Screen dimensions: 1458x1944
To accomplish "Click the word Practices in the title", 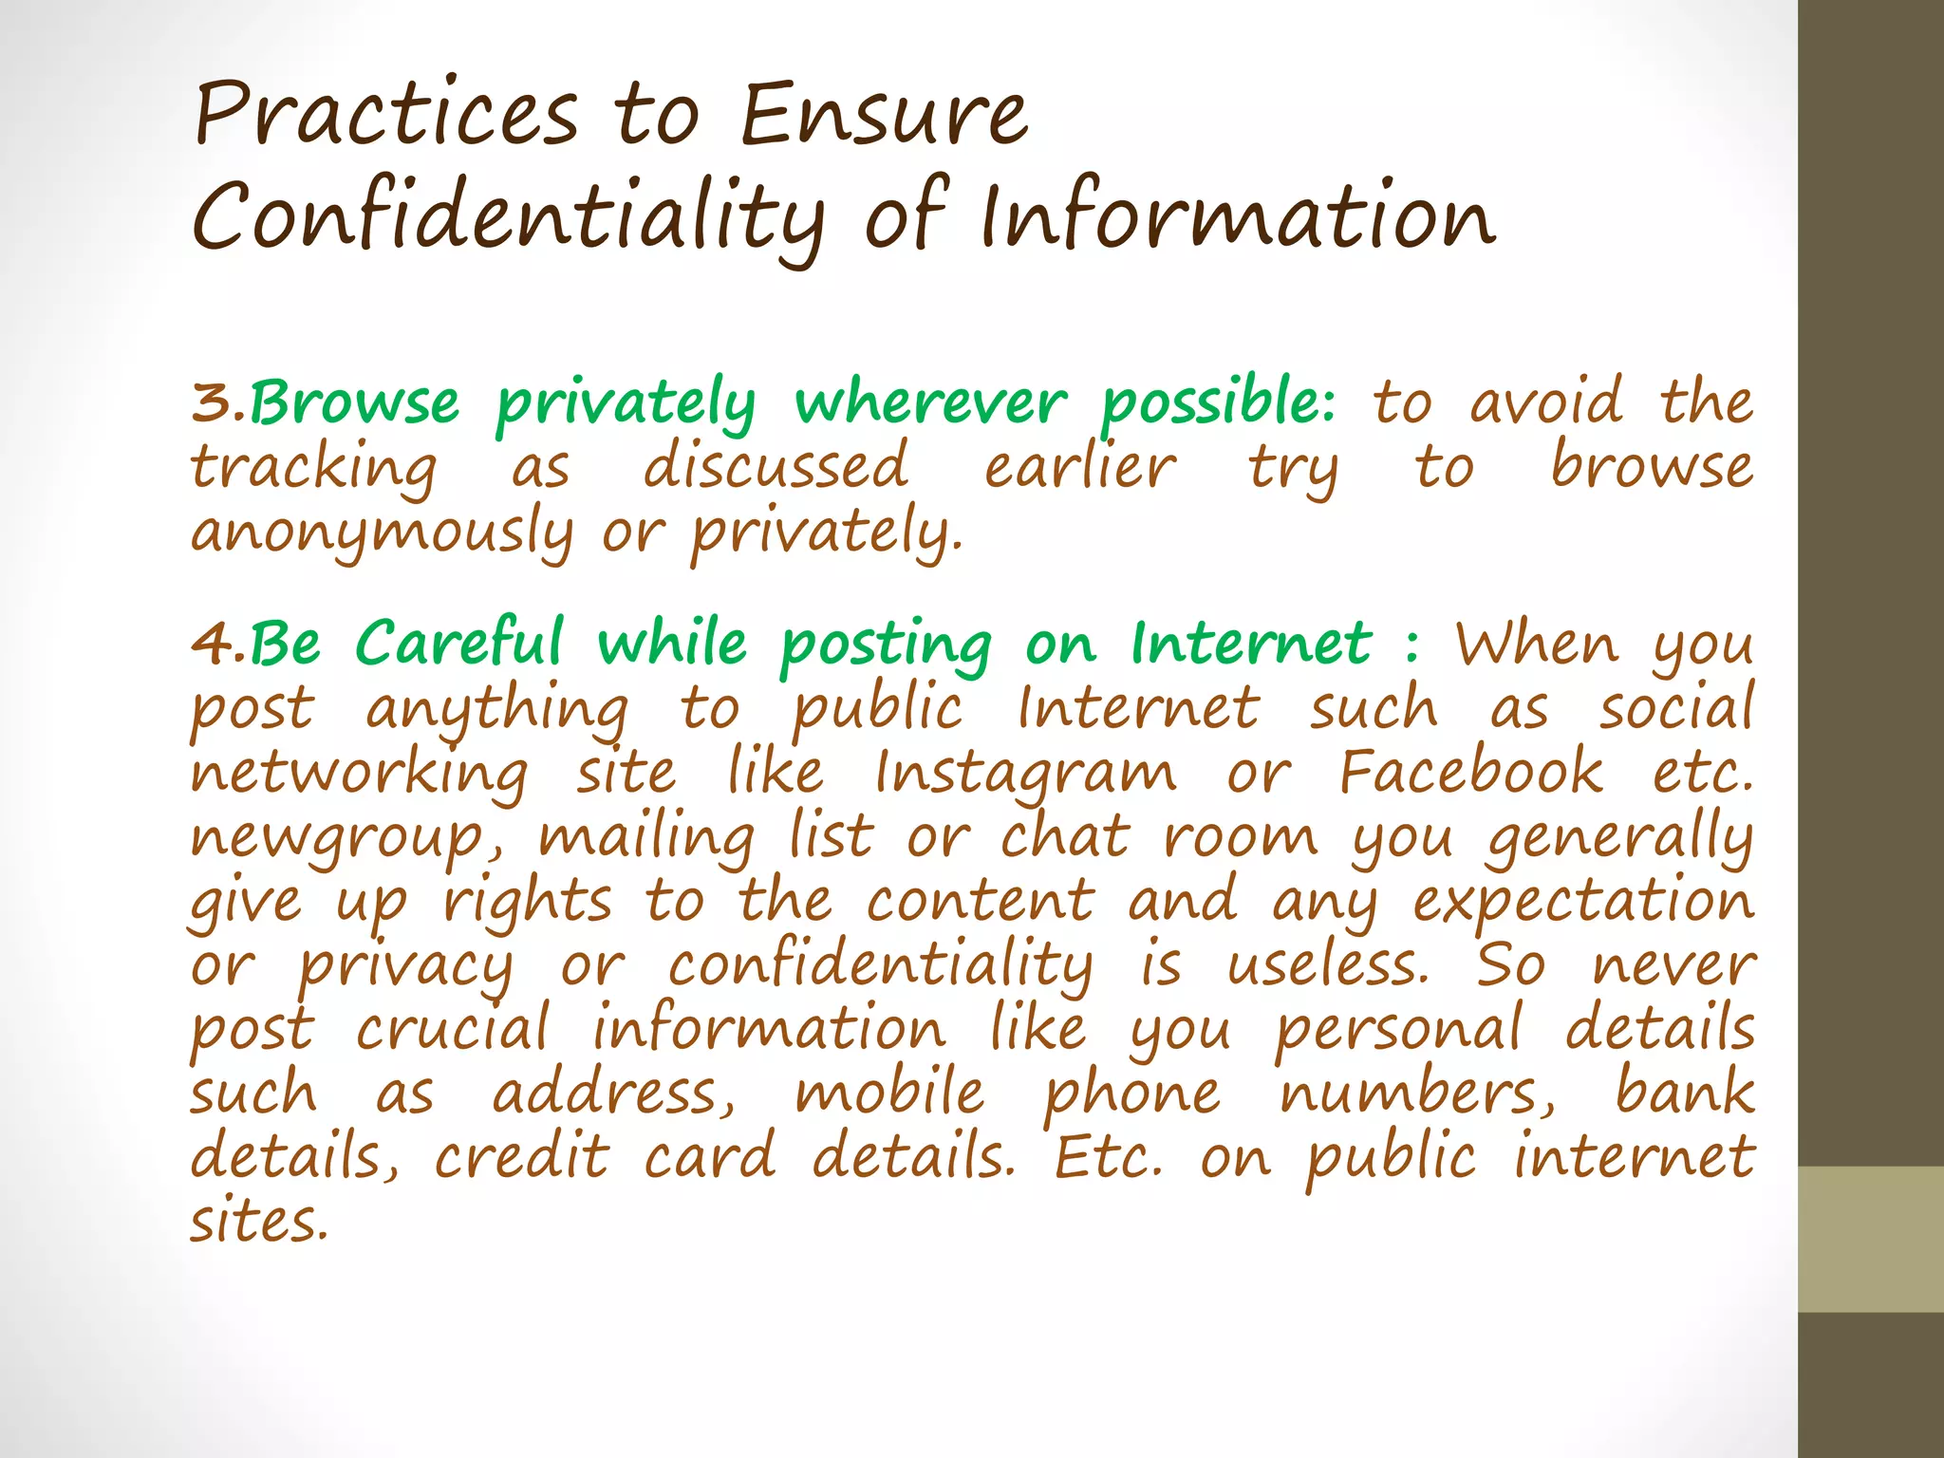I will (x=385, y=116).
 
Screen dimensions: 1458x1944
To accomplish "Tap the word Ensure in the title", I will (x=883, y=116).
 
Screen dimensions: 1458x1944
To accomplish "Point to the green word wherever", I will (x=930, y=402).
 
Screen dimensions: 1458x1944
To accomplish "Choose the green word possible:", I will (x=1218, y=402).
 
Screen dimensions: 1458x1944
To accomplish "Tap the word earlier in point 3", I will (x=1079, y=468).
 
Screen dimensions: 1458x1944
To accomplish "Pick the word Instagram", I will (x=1024, y=774).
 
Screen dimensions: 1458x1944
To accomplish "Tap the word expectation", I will (x=1583, y=903).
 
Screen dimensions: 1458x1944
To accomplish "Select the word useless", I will (x=1327, y=966).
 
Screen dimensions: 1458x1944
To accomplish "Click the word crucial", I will (x=453, y=1030).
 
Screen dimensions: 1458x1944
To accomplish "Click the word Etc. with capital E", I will (x=1109, y=1157).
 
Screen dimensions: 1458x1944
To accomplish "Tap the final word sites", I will (x=258, y=1223).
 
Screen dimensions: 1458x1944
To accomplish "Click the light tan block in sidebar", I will (x=1870, y=1239).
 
